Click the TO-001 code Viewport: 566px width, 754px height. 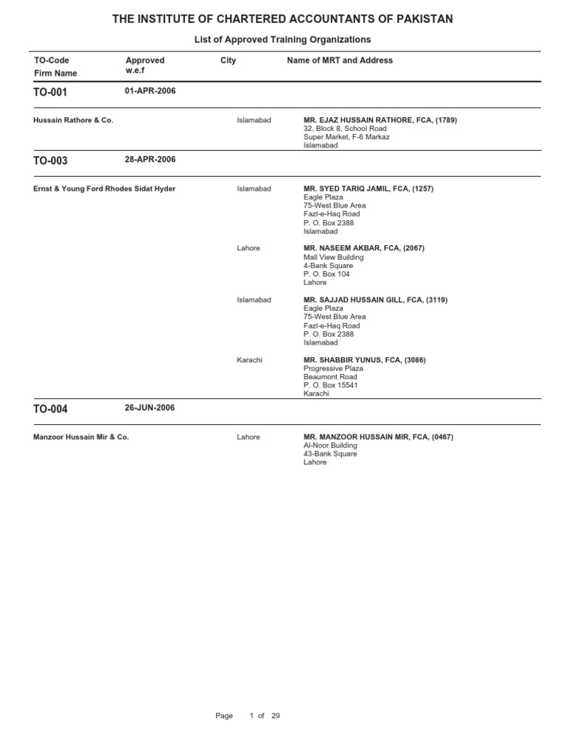[x=50, y=93]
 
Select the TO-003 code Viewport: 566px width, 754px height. [x=50, y=161]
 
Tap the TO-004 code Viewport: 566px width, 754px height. [x=50, y=409]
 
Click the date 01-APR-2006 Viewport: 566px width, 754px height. [x=150, y=91]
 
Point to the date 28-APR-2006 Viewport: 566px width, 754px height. [x=150, y=159]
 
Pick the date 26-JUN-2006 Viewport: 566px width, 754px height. [x=150, y=408]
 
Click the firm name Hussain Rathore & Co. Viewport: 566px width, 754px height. [x=73, y=120]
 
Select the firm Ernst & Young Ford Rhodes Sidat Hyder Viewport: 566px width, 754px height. [x=104, y=188]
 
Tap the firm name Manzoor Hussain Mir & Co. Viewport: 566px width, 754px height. [x=81, y=437]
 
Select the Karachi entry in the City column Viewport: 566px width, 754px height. [x=249, y=360]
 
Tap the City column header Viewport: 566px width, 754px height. [x=228, y=60]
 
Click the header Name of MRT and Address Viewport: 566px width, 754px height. [x=340, y=60]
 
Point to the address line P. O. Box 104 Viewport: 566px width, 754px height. [x=326, y=274]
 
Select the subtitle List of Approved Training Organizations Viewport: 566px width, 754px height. [x=282, y=39]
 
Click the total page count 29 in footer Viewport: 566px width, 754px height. [x=276, y=716]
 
